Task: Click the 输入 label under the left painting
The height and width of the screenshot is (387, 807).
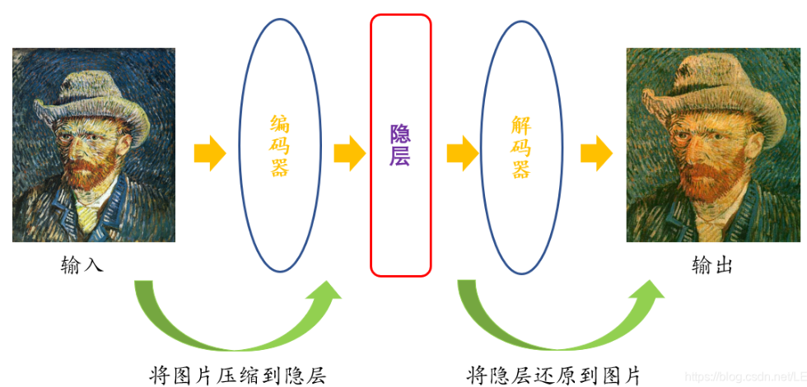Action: [x=82, y=265]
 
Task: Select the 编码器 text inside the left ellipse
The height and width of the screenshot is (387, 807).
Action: [x=280, y=146]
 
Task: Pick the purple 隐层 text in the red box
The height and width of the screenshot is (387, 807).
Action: [x=400, y=145]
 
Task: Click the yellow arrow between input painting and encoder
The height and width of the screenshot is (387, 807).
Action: [x=209, y=154]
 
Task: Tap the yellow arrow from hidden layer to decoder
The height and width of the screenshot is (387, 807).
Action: [x=462, y=154]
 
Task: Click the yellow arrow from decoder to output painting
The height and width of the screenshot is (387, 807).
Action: [x=595, y=154]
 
